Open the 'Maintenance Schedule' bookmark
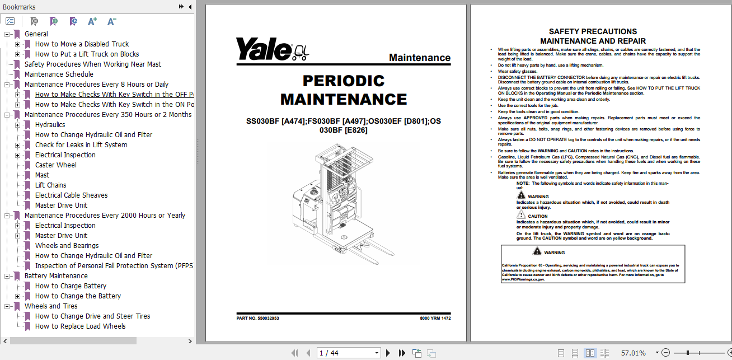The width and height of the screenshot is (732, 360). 59,74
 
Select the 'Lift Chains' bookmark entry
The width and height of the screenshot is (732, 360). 50,185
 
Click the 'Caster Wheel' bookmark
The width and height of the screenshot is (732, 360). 56,165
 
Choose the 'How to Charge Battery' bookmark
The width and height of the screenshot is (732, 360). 71,286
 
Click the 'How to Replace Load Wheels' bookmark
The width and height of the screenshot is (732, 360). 80,326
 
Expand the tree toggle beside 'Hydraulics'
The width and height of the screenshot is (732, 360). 18,125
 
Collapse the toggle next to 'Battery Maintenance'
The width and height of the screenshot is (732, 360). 7,276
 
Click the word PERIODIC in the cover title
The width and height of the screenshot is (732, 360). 344,81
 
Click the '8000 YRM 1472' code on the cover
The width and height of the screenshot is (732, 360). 435,319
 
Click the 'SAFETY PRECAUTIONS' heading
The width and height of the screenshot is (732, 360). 593,32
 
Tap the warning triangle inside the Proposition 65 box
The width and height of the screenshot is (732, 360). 537,252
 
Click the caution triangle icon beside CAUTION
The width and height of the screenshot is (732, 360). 521,215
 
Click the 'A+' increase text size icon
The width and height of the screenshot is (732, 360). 92,21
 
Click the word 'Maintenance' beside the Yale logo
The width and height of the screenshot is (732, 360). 419,58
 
